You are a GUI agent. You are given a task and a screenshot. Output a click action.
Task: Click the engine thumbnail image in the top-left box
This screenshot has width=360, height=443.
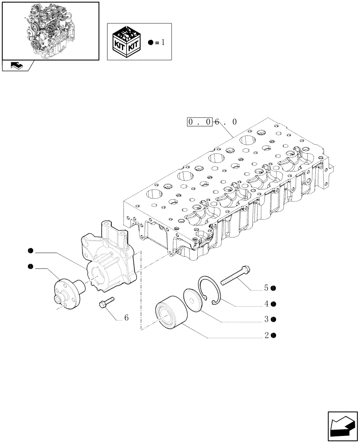click(x=50, y=30)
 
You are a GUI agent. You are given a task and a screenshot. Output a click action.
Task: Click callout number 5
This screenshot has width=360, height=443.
click(x=266, y=288)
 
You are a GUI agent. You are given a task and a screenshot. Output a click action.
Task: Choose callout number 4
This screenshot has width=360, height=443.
click(x=266, y=304)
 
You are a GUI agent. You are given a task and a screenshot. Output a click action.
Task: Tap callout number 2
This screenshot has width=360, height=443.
click(x=266, y=336)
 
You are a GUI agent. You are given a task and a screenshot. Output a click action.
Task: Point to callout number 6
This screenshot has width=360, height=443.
click(x=126, y=318)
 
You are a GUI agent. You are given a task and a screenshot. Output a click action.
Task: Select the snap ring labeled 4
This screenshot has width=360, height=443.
click(x=208, y=291)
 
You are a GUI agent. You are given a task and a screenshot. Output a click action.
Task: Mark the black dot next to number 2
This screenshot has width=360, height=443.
click(x=274, y=336)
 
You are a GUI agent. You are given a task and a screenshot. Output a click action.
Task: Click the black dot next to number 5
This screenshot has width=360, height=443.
click(x=274, y=288)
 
